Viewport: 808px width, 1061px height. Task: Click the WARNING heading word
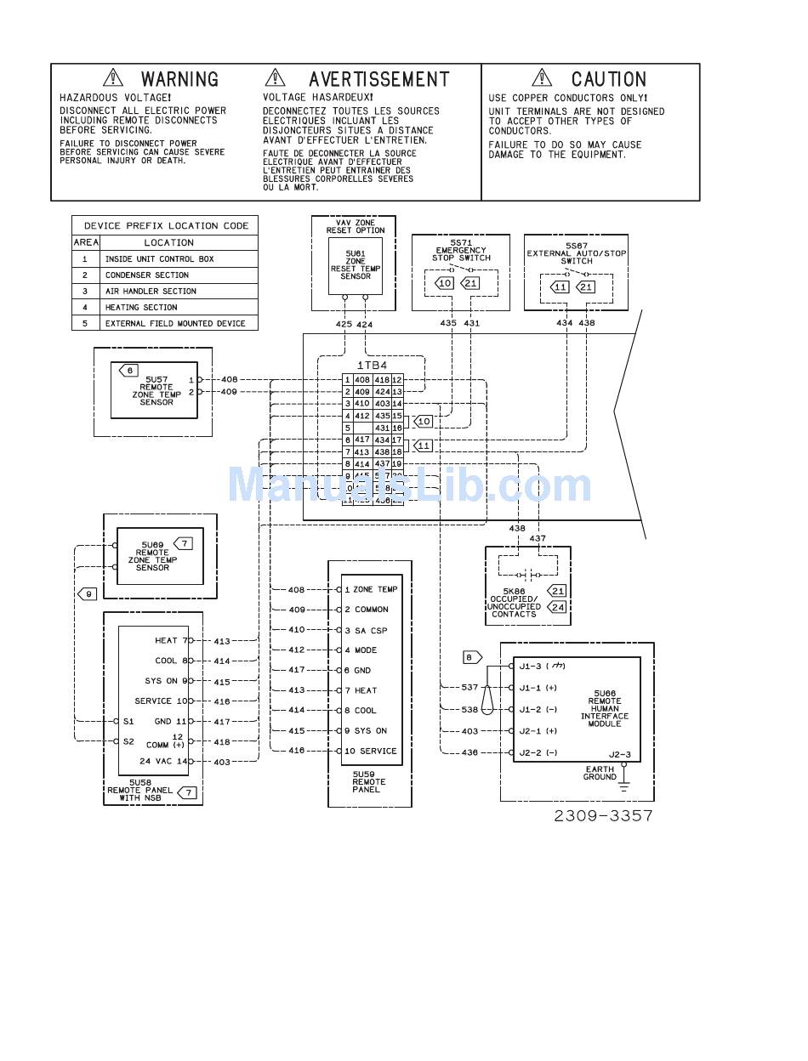point(179,79)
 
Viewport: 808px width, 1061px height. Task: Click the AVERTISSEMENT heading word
point(378,79)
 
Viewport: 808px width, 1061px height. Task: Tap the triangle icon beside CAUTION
point(542,78)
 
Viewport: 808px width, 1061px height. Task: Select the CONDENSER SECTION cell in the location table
point(146,275)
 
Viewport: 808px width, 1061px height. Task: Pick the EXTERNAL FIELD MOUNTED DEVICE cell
point(174,323)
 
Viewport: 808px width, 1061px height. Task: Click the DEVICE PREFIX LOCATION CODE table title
point(166,225)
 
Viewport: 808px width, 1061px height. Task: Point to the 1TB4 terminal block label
point(372,365)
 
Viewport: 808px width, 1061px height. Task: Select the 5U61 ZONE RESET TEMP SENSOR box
point(356,264)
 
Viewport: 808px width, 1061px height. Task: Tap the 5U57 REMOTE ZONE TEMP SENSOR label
point(156,390)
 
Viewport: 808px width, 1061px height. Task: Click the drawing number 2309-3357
point(603,815)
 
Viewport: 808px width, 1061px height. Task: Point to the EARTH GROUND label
point(600,773)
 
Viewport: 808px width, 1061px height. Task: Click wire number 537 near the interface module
point(469,687)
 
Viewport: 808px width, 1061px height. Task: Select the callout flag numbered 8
point(472,657)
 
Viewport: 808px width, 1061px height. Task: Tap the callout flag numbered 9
point(87,593)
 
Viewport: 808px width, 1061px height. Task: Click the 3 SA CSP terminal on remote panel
point(366,630)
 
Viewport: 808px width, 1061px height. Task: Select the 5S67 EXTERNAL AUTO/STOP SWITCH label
point(576,252)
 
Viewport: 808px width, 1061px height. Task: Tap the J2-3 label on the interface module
point(620,754)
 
